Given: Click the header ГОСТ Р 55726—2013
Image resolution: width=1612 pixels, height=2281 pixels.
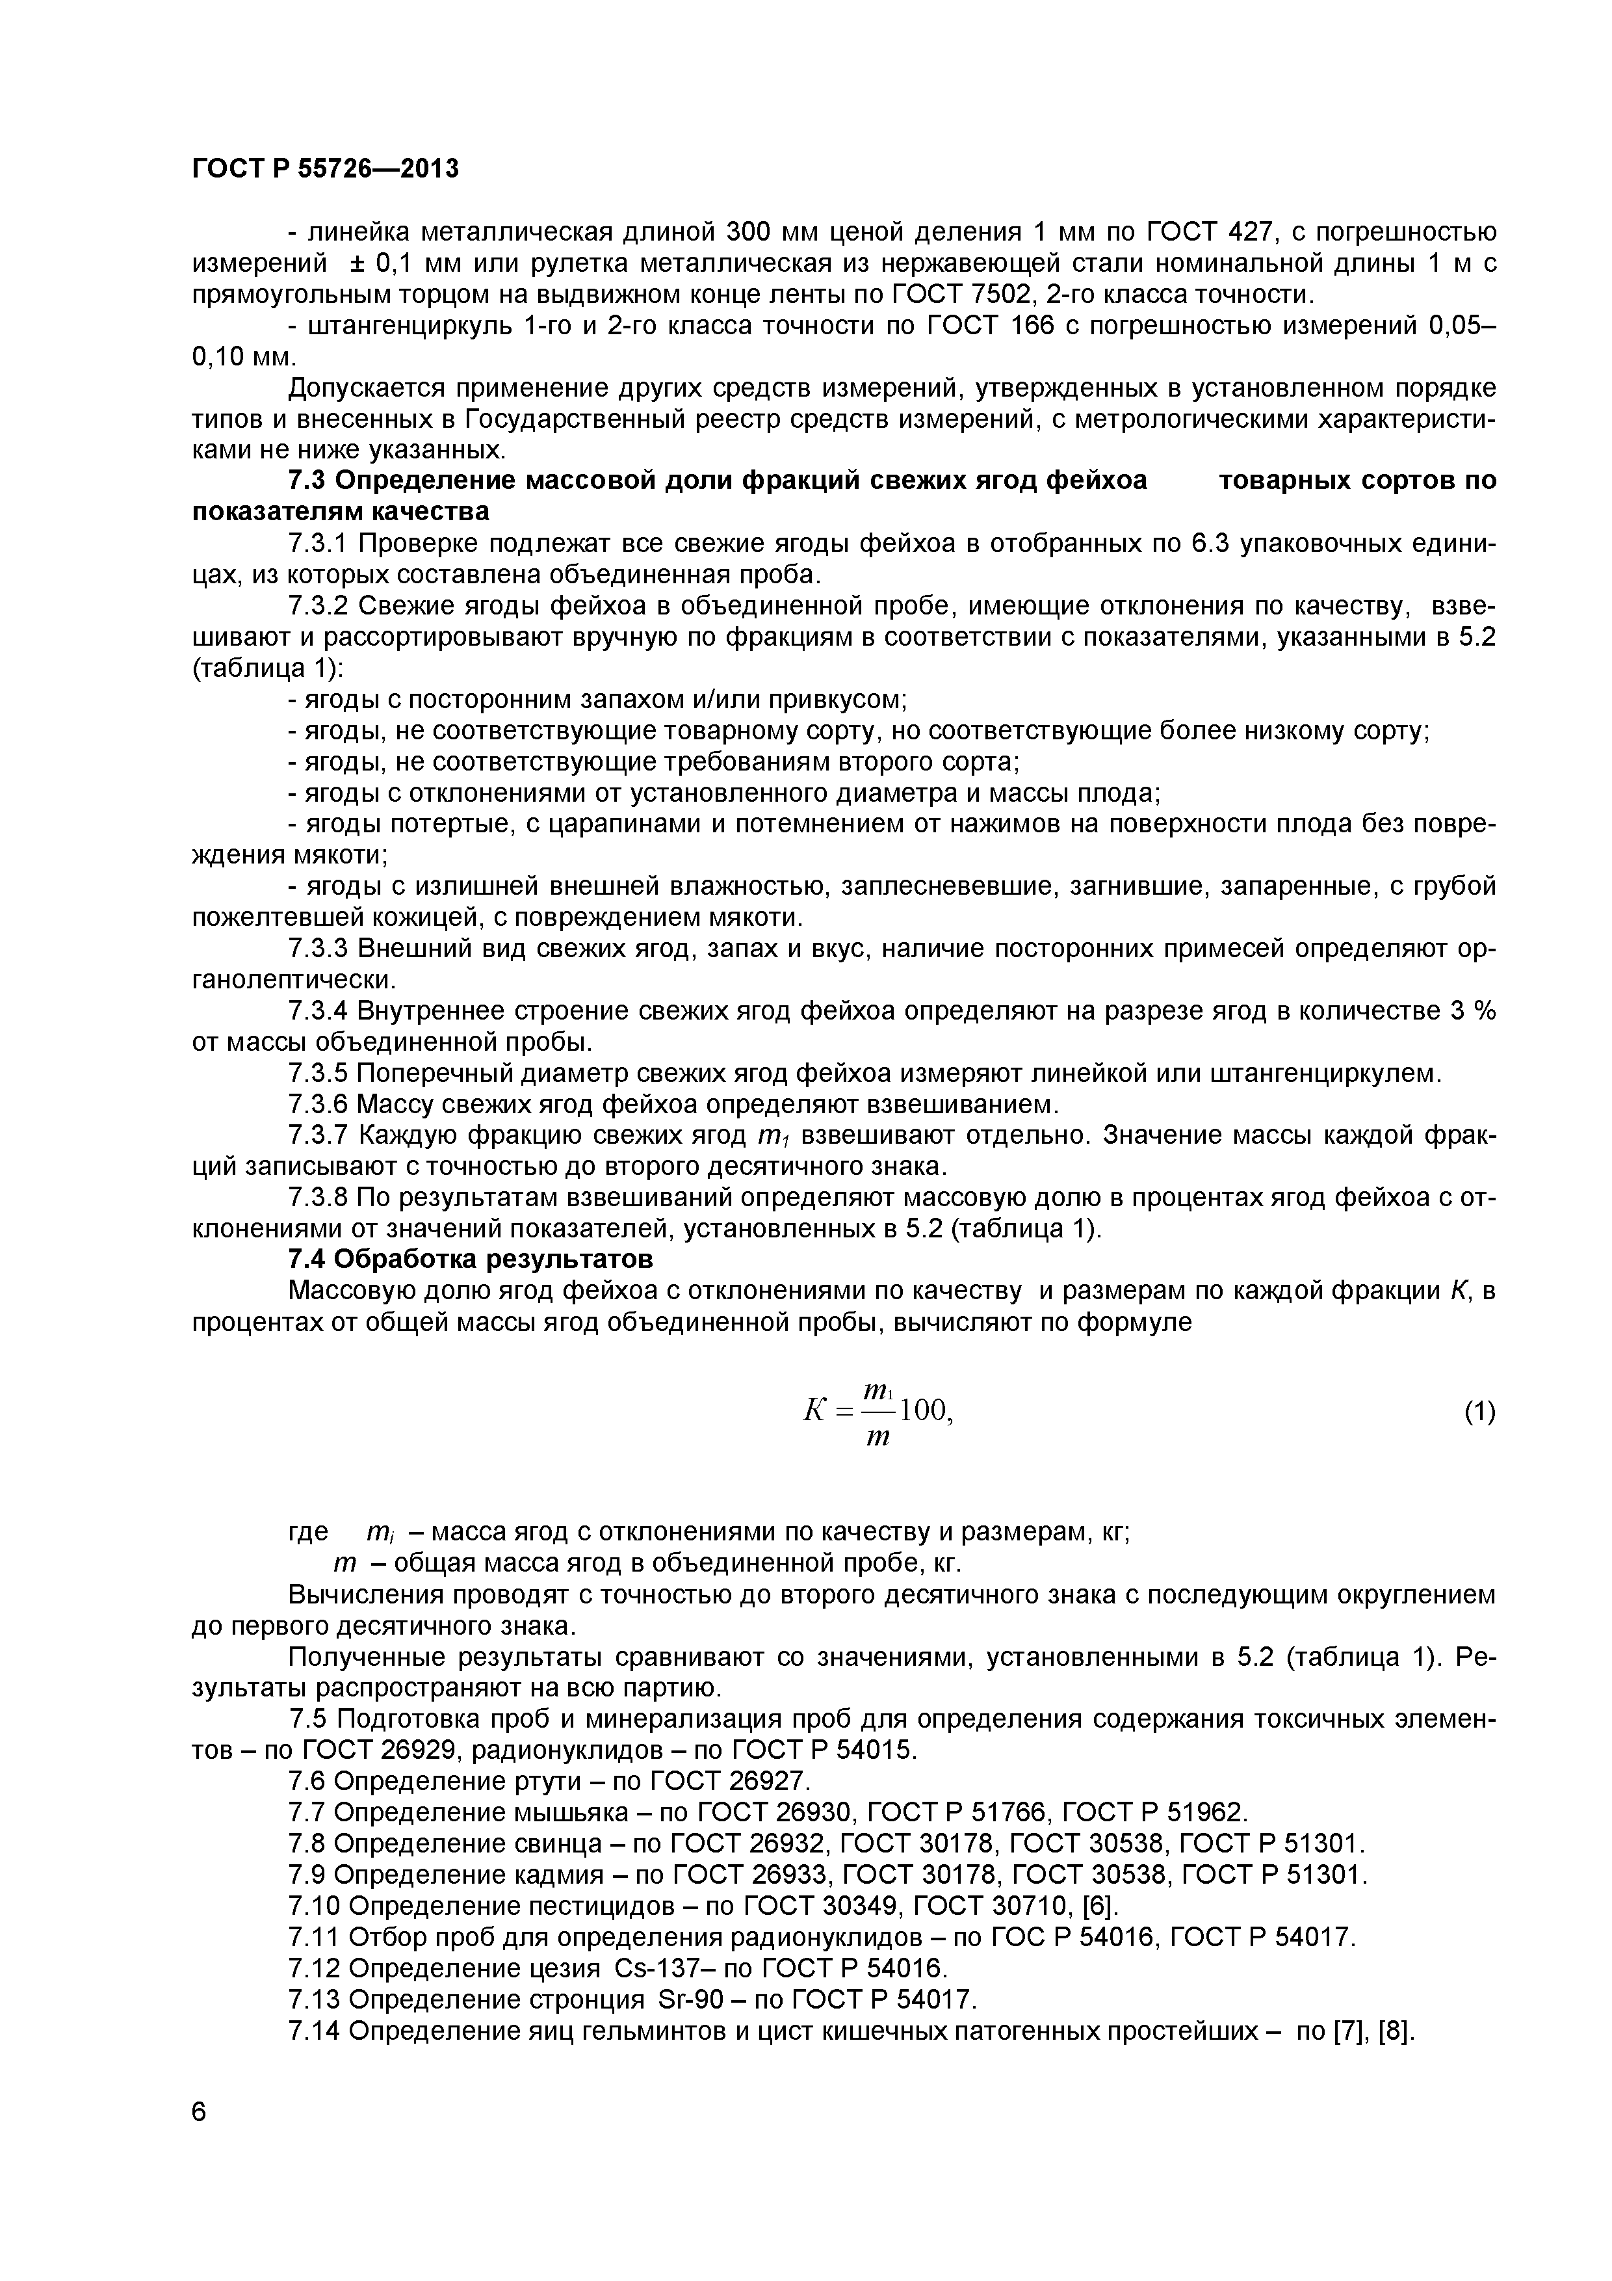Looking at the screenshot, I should tap(325, 169).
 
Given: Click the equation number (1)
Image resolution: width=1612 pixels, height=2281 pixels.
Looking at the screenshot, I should tap(1479, 1411).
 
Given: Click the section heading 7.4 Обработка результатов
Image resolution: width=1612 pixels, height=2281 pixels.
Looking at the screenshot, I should tap(470, 1259).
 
